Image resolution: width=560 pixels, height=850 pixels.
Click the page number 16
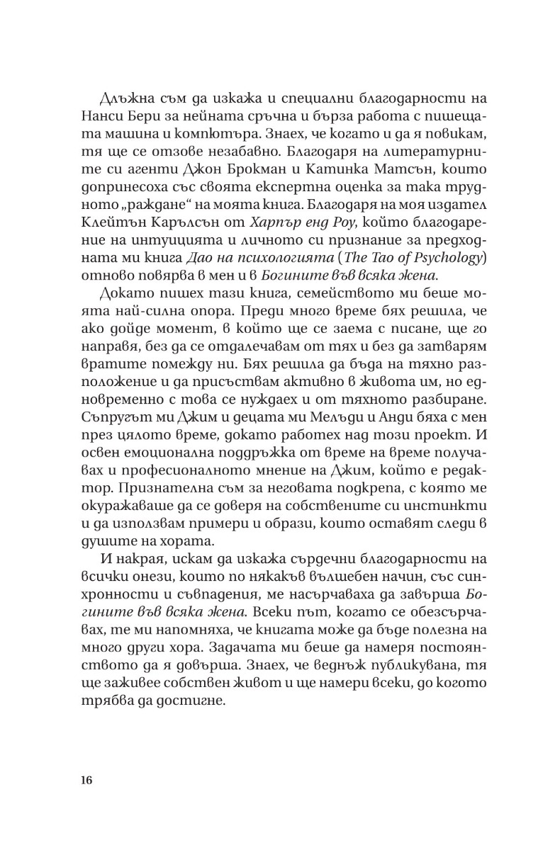click(x=86, y=780)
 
